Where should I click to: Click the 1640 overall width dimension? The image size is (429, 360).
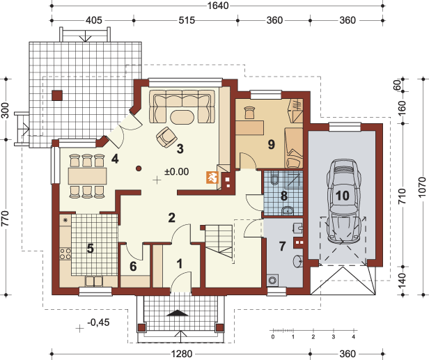click(218, 5)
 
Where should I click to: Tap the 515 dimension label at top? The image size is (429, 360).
click(187, 20)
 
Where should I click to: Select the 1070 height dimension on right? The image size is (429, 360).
click(423, 187)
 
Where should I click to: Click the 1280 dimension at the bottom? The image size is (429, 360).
click(182, 354)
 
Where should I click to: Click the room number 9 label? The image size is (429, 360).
click(271, 144)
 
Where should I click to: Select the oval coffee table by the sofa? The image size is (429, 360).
click(182, 117)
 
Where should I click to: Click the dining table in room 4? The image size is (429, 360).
click(87, 176)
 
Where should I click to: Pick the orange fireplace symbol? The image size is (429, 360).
click(212, 178)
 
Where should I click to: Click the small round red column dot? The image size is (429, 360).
click(139, 169)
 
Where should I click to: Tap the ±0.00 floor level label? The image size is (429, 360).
click(176, 172)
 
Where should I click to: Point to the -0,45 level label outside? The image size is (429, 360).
click(98, 322)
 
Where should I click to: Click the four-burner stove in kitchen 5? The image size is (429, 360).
click(65, 253)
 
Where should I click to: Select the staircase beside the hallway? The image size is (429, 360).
click(219, 242)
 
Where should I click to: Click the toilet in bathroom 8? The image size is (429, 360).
click(274, 179)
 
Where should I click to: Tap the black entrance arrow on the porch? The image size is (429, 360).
click(178, 313)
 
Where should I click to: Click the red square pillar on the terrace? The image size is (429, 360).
click(57, 95)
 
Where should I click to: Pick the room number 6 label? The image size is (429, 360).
click(133, 266)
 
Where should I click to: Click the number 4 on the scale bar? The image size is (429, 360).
click(354, 337)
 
